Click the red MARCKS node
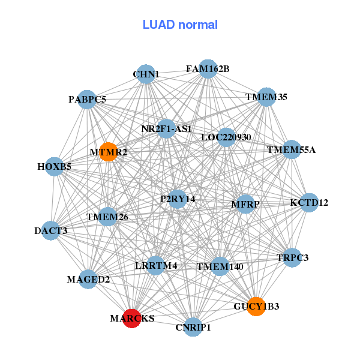coord(132,319)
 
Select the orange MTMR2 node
coord(109,152)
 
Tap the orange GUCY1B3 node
coord(256,306)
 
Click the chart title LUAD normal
coord(180,25)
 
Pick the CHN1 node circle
coord(146,74)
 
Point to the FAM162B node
coord(208,69)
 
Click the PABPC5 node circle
coord(87,100)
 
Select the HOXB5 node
coord(55,167)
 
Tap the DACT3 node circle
coord(51,230)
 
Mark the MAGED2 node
coord(88,279)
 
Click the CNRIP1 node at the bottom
coord(193,327)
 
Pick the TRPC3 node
coord(292,257)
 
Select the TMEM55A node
coord(291,149)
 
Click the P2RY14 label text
coord(178,199)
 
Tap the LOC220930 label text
coord(226,137)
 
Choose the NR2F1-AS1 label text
coord(166,129)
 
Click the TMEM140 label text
coord(220,266)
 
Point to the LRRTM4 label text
coord(156,265)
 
